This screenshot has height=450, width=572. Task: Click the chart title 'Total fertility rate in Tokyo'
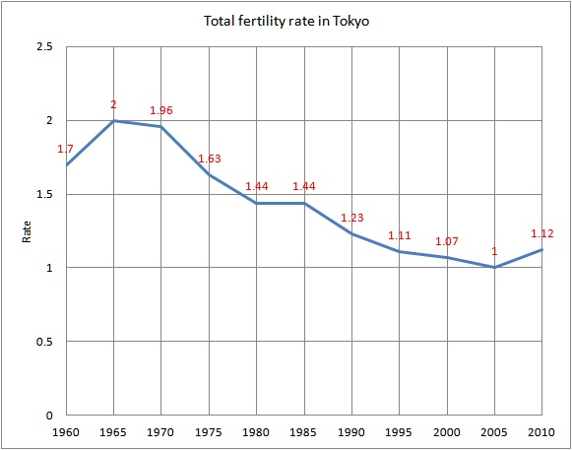[286, 20]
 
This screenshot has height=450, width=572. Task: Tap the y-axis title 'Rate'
[27, 231]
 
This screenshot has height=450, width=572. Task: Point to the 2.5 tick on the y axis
[48, 47]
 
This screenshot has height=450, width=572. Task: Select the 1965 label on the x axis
[113, 433]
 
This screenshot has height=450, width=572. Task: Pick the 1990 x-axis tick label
[351, 433]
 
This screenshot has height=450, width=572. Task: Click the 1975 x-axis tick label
[209, 433]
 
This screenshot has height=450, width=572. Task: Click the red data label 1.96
[160, 110]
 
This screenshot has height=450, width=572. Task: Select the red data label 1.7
[66, 149]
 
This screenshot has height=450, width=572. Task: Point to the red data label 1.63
[209, 159]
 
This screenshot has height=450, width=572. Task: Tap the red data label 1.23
[351, 218]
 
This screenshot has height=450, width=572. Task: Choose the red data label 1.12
[541, 233]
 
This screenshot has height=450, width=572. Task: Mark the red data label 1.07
[446, 241]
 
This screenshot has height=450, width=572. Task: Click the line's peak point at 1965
[113, 120]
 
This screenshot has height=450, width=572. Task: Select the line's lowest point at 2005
[494, 268]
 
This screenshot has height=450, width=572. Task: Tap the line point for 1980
[256, 203]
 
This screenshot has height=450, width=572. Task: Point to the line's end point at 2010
[541, 250]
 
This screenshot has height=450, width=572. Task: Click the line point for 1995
[399, 251]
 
